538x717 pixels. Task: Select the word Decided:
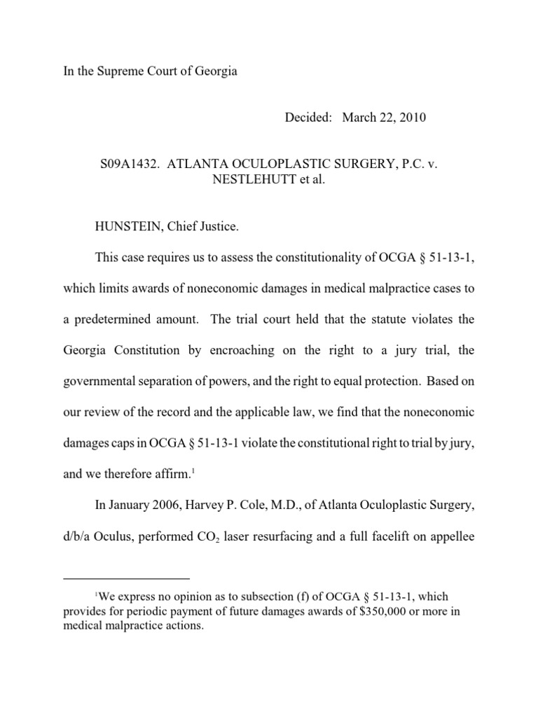[308, 118]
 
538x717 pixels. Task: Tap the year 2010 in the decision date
[411, 118]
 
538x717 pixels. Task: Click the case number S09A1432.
[125, 162]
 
